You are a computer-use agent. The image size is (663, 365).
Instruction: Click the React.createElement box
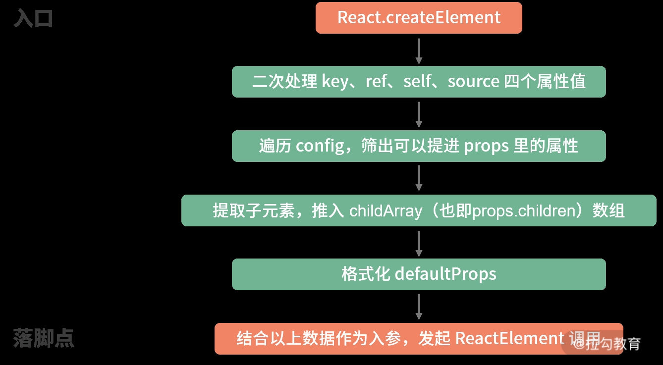[419, 18]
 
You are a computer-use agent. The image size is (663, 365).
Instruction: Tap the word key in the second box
[335, 81]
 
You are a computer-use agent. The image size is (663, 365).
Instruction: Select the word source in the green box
[473, 81]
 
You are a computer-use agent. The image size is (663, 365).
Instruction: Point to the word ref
[376, 81]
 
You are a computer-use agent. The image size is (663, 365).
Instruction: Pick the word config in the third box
[320, 146]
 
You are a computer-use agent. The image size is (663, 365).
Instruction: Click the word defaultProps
[445, 274]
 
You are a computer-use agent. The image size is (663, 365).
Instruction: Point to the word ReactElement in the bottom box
[509, 339]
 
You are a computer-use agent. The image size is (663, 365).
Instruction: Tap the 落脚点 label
[44, 338]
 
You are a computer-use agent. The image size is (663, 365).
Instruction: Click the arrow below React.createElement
[419, 51]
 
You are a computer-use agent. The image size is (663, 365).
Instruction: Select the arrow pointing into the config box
[419, 114]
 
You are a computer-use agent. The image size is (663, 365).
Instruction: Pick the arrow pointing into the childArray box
[419, 178]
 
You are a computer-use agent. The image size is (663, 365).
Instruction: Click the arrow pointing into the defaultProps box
[419, 243]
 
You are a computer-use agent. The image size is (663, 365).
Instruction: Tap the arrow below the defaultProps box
[419, 307]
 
